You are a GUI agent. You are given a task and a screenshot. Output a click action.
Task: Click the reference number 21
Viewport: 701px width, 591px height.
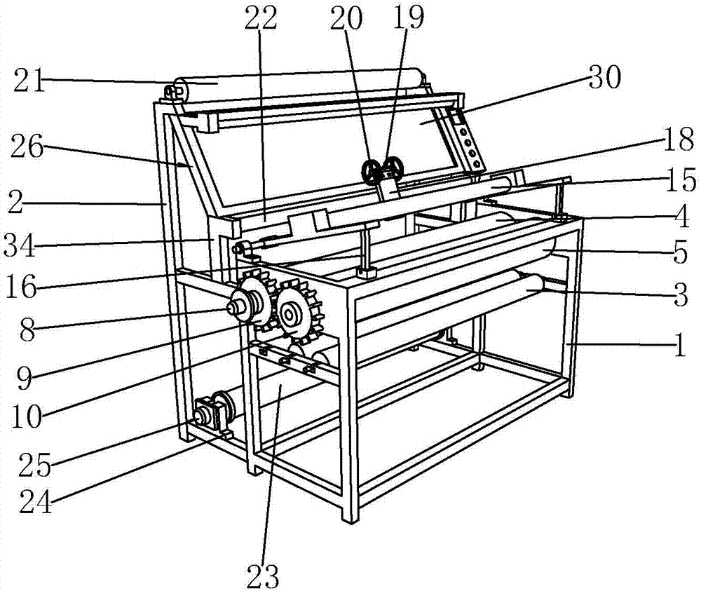(29, 83)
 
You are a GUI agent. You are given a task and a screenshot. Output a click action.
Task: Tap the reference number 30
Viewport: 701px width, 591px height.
(604, 79)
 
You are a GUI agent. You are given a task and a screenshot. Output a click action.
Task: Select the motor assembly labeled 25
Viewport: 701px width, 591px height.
(213, 412)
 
